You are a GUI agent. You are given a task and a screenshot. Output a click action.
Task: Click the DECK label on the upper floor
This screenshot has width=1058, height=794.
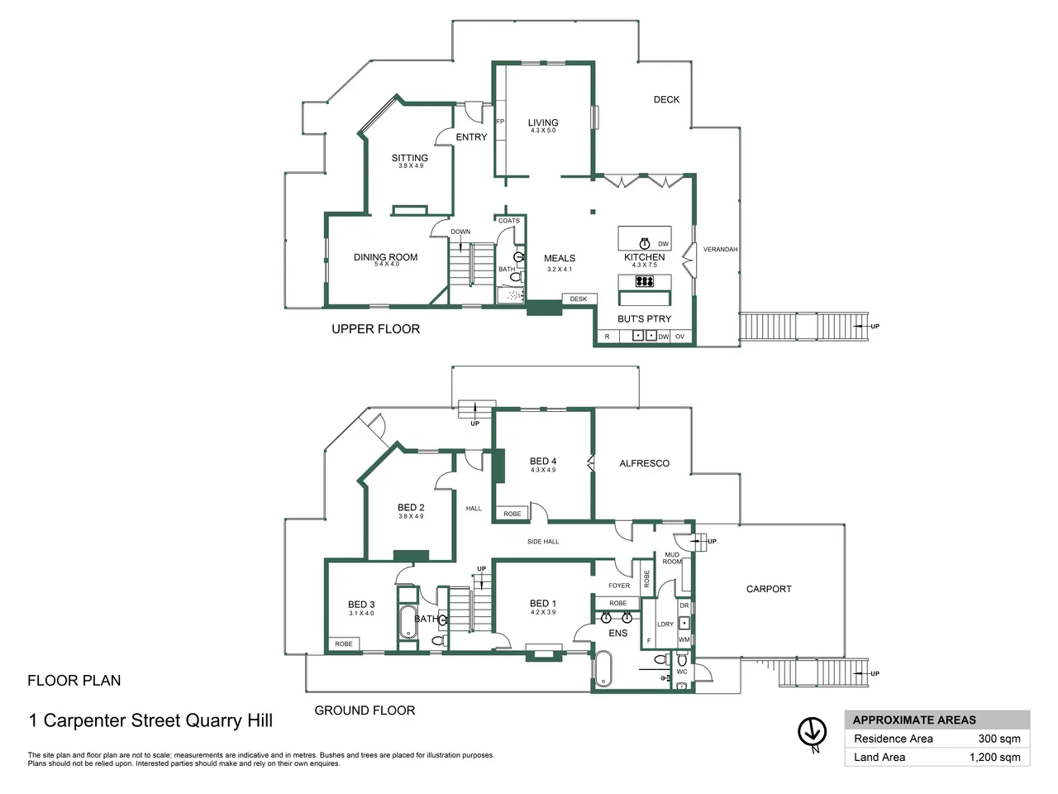[666, 99]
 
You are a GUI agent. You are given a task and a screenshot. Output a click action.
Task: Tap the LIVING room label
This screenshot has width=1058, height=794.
[543, 122]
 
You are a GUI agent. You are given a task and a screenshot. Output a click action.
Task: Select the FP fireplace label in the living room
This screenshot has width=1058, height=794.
[500, 122]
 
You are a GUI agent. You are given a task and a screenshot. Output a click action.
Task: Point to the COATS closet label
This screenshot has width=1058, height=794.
[509, 221]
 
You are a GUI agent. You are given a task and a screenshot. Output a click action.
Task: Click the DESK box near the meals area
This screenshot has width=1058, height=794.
[579, 299]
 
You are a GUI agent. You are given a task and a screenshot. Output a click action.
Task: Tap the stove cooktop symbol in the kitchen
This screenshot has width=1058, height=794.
[645, 280]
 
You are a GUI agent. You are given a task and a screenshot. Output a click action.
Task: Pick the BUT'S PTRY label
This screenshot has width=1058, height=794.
[645, 318]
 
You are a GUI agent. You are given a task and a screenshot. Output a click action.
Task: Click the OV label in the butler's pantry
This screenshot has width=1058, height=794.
[679, 337]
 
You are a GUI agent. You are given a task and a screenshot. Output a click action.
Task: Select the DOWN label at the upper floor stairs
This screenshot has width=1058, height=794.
[460, 232]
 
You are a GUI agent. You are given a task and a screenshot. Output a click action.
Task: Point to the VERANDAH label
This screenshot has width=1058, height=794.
[720, 249]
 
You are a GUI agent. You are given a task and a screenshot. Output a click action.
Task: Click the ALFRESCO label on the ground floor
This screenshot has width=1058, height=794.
[644, 463]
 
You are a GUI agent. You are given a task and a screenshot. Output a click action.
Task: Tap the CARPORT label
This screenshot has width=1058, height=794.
[769, 589]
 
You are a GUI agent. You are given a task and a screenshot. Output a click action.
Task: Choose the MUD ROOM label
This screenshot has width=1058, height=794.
[672, 558]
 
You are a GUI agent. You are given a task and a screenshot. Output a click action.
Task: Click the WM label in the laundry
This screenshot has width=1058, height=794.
[684, 639]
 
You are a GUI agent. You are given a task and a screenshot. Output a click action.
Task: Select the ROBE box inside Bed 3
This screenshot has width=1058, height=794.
[344, 643]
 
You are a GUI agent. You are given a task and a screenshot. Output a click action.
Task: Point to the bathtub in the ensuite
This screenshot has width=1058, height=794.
[603, 668]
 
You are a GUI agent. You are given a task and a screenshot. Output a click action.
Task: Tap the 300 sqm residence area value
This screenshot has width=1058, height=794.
[999, 739]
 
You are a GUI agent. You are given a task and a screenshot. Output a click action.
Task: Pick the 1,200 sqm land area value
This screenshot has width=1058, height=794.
[995, 758]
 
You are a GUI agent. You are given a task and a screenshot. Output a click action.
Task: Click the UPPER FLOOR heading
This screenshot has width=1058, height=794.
[375, 329]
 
